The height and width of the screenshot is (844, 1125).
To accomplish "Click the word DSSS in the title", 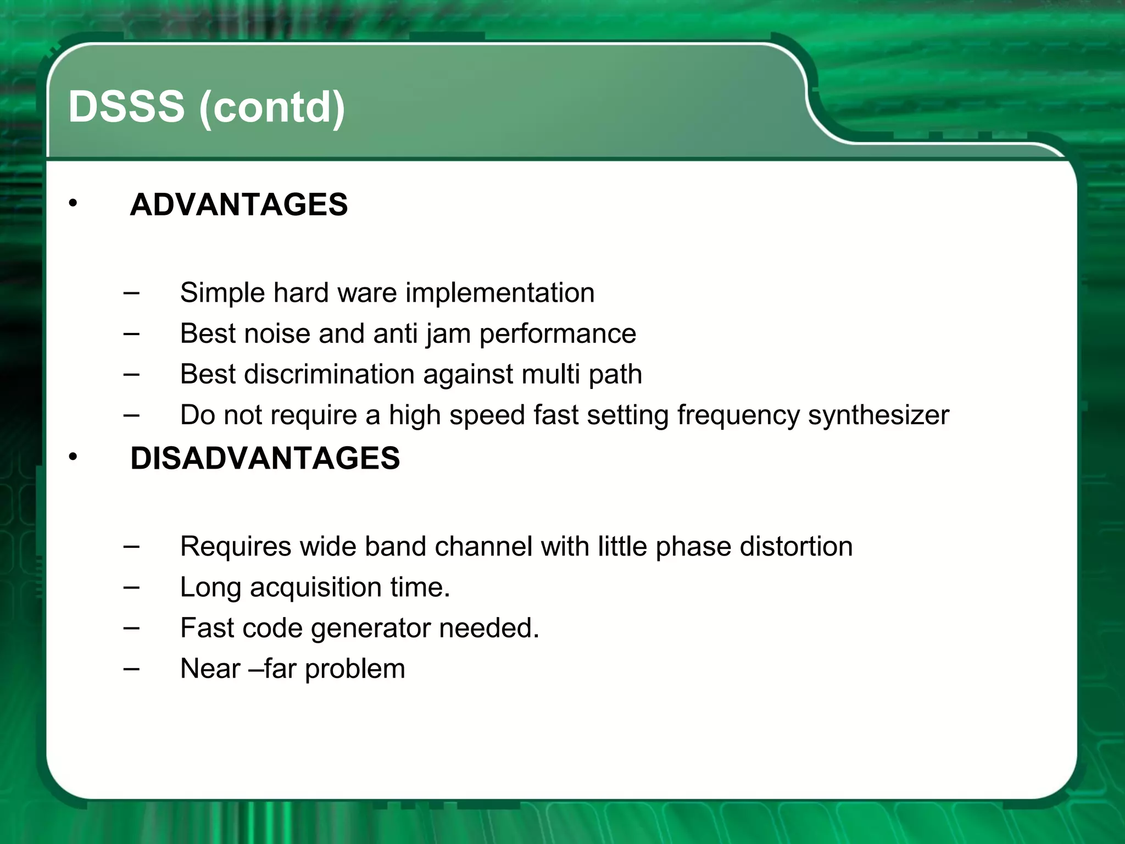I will tap(126, 107).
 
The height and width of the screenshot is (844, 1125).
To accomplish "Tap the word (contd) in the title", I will tap(272, 108).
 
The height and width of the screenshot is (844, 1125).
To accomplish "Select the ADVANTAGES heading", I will tap(238, 205).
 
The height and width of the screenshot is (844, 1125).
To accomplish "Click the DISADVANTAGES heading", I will tap(265, 458).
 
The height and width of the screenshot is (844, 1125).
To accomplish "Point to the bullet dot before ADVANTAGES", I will tap(73, 204).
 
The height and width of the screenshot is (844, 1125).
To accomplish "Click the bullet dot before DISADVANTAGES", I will tap(73, 457).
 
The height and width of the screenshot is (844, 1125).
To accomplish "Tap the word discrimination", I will tap(328, 374).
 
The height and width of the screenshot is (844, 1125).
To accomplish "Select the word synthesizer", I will tap(878, 415).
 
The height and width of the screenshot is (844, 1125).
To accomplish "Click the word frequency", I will tap(738, 416).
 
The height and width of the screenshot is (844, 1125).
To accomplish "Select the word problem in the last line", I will tap(355, 669).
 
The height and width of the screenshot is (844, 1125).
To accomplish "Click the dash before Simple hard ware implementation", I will tap(131, 292).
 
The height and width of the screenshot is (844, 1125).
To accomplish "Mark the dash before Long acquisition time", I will tap(131, 587).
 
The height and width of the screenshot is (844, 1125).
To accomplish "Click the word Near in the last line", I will tap(210, 669).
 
